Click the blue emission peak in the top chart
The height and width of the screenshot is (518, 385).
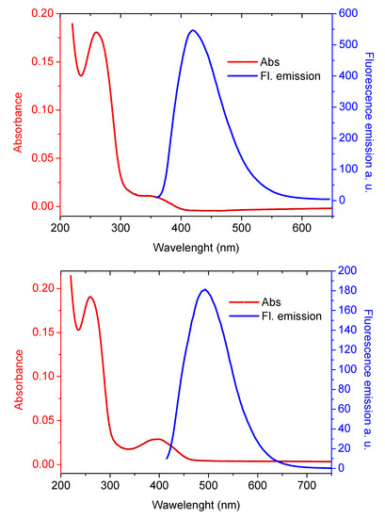coord(193,30)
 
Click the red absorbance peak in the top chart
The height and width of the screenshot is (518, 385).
coord(96,32)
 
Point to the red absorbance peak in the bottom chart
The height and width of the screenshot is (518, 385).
coord(90,297)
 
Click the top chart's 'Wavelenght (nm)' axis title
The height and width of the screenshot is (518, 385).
coord(192,246)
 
